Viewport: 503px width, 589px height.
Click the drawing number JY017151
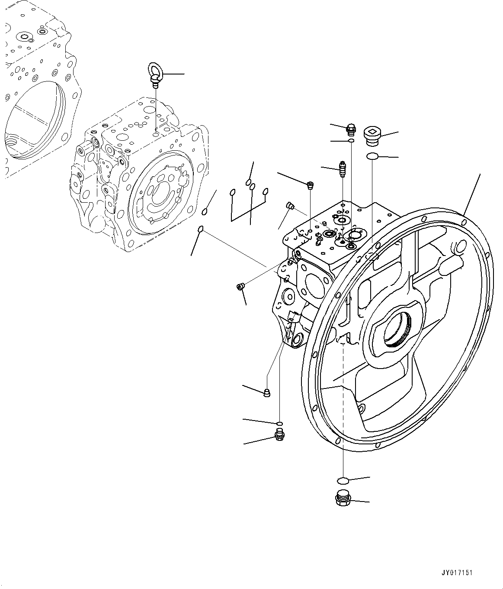(x=458, y=572)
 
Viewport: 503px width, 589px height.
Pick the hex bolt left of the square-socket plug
(x=351, y=128)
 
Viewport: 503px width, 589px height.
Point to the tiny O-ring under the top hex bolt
(x=351, y=141)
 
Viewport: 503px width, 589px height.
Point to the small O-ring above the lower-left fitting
(x=280, y=423)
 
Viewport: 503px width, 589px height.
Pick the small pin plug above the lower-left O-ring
(x=267, y=392)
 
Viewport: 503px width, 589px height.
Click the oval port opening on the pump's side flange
(x=314, y=285)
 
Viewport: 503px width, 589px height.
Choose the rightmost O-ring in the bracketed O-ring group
(x=266, y=191)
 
